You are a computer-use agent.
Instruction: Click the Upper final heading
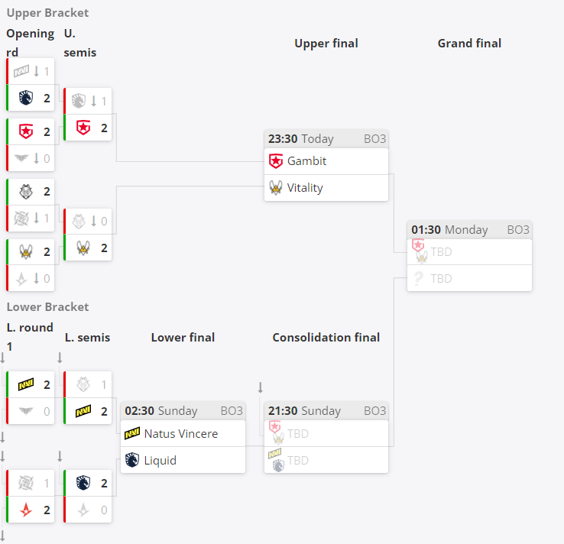click(x=326, y=44)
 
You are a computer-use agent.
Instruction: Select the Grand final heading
click(x=469, y=44)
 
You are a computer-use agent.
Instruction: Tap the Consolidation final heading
click(x=326, y=338)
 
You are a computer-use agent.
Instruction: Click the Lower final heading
click(x=183, y=338)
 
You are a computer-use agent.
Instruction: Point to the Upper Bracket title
click(x=47, y=13)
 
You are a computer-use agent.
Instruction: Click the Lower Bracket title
click(x=47, y=307)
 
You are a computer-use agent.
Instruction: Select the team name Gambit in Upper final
click(x=306, y=161)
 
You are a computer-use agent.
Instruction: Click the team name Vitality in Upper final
click(x=305, y=188)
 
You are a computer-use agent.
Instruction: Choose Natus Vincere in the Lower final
click(x=181, y=434)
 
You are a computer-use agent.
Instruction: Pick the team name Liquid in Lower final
click(x=160, y=461)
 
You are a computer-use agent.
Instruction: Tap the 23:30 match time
click(x=283, y=139)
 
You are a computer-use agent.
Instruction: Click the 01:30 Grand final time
click(x=426, y=230)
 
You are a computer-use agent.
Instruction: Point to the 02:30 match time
click(x=140, y=411)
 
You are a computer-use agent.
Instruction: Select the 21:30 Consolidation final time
click(x=283, y=411)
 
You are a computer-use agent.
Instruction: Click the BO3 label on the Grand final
click(x=518, y=230)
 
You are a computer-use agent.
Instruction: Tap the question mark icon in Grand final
click(x=418, y=279)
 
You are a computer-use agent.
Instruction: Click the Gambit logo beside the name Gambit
click(x=276, y=161)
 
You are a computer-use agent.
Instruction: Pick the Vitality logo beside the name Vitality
click(x=276, y=188)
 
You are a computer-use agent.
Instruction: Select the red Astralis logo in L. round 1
click(x=26, y=510)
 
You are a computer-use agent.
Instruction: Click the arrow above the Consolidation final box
click(x=261, y=387)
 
